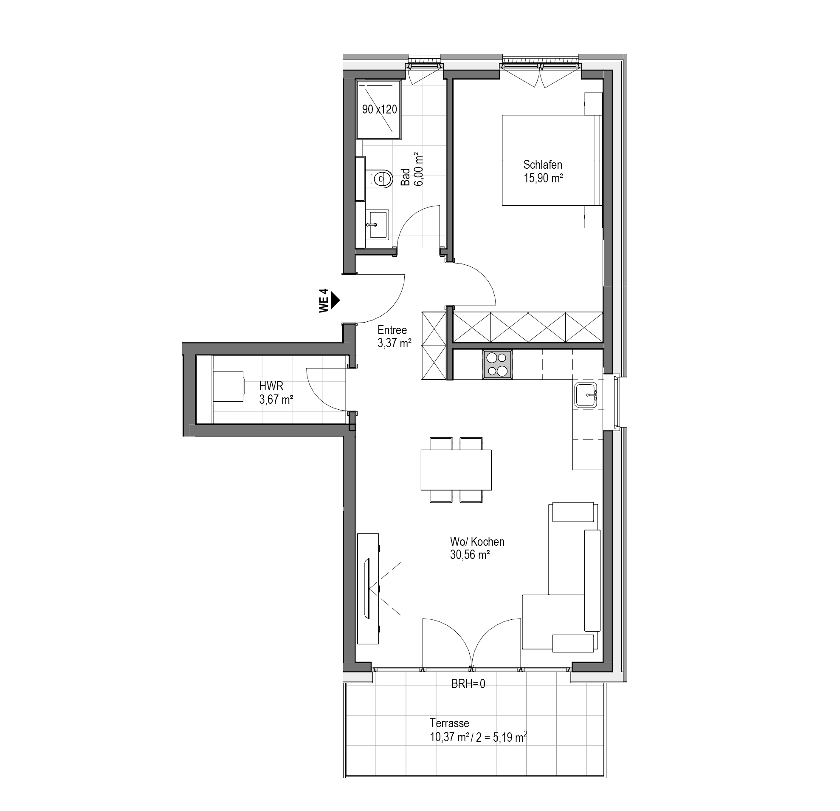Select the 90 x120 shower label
coord(379,109)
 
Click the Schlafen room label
coord(543,164)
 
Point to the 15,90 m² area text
coord(543,178)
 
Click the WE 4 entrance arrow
coord(335,300)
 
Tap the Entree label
coord(392,330)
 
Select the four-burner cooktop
coord(498,365)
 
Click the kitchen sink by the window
coord(587,395)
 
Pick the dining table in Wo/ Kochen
coord(456,470)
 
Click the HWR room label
coord(271,386)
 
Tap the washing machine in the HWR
coord(228,386)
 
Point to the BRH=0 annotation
coord(468,683)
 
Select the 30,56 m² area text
coord(470,555)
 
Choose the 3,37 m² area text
coord(394,343)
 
